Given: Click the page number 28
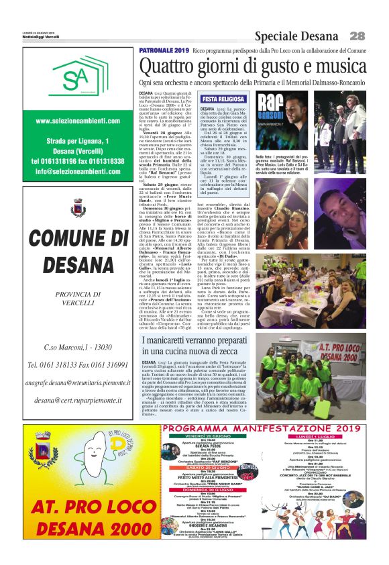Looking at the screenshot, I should pos(357,36).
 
